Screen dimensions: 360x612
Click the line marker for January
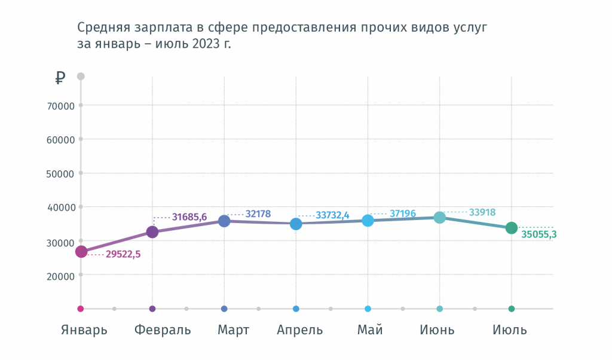[x=81, y=252]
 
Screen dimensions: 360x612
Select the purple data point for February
[x=152, y=232]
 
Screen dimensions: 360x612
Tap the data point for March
[x=224, y=221]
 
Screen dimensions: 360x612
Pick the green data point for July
[x=512, y=228]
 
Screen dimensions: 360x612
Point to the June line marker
[x=440, y=218]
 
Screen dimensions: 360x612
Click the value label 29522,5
[x=123, y=254]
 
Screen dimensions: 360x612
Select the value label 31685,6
[x=189, y=217]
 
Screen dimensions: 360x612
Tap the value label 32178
[x=258, y=213]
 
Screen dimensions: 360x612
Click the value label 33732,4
[x=332, y=215]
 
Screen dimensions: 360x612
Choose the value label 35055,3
[x=538, y=234]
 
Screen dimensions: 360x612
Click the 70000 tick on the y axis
[x=60, y=106]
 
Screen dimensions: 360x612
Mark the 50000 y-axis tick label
[x=60, y=174]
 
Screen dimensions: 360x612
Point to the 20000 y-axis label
[x=60, y=276]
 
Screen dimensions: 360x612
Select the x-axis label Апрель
[x=300, y=330]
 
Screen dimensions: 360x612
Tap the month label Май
[x=370, y=330]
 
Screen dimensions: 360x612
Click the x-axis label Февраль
[x=163, y=330]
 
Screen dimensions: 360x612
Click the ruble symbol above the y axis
[x=60, y=77]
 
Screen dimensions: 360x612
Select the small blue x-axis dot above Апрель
[x=296, y=309]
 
